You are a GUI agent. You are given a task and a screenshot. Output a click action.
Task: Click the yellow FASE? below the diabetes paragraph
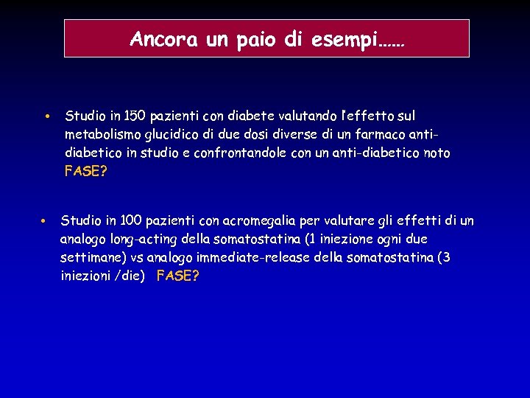coord(86,172)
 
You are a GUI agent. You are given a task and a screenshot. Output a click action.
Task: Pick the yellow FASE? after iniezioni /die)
coord(178,276)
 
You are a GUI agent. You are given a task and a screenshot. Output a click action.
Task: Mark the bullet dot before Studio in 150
coord(46,117)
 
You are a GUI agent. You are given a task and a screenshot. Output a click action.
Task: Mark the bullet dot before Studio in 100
coord(44,221)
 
